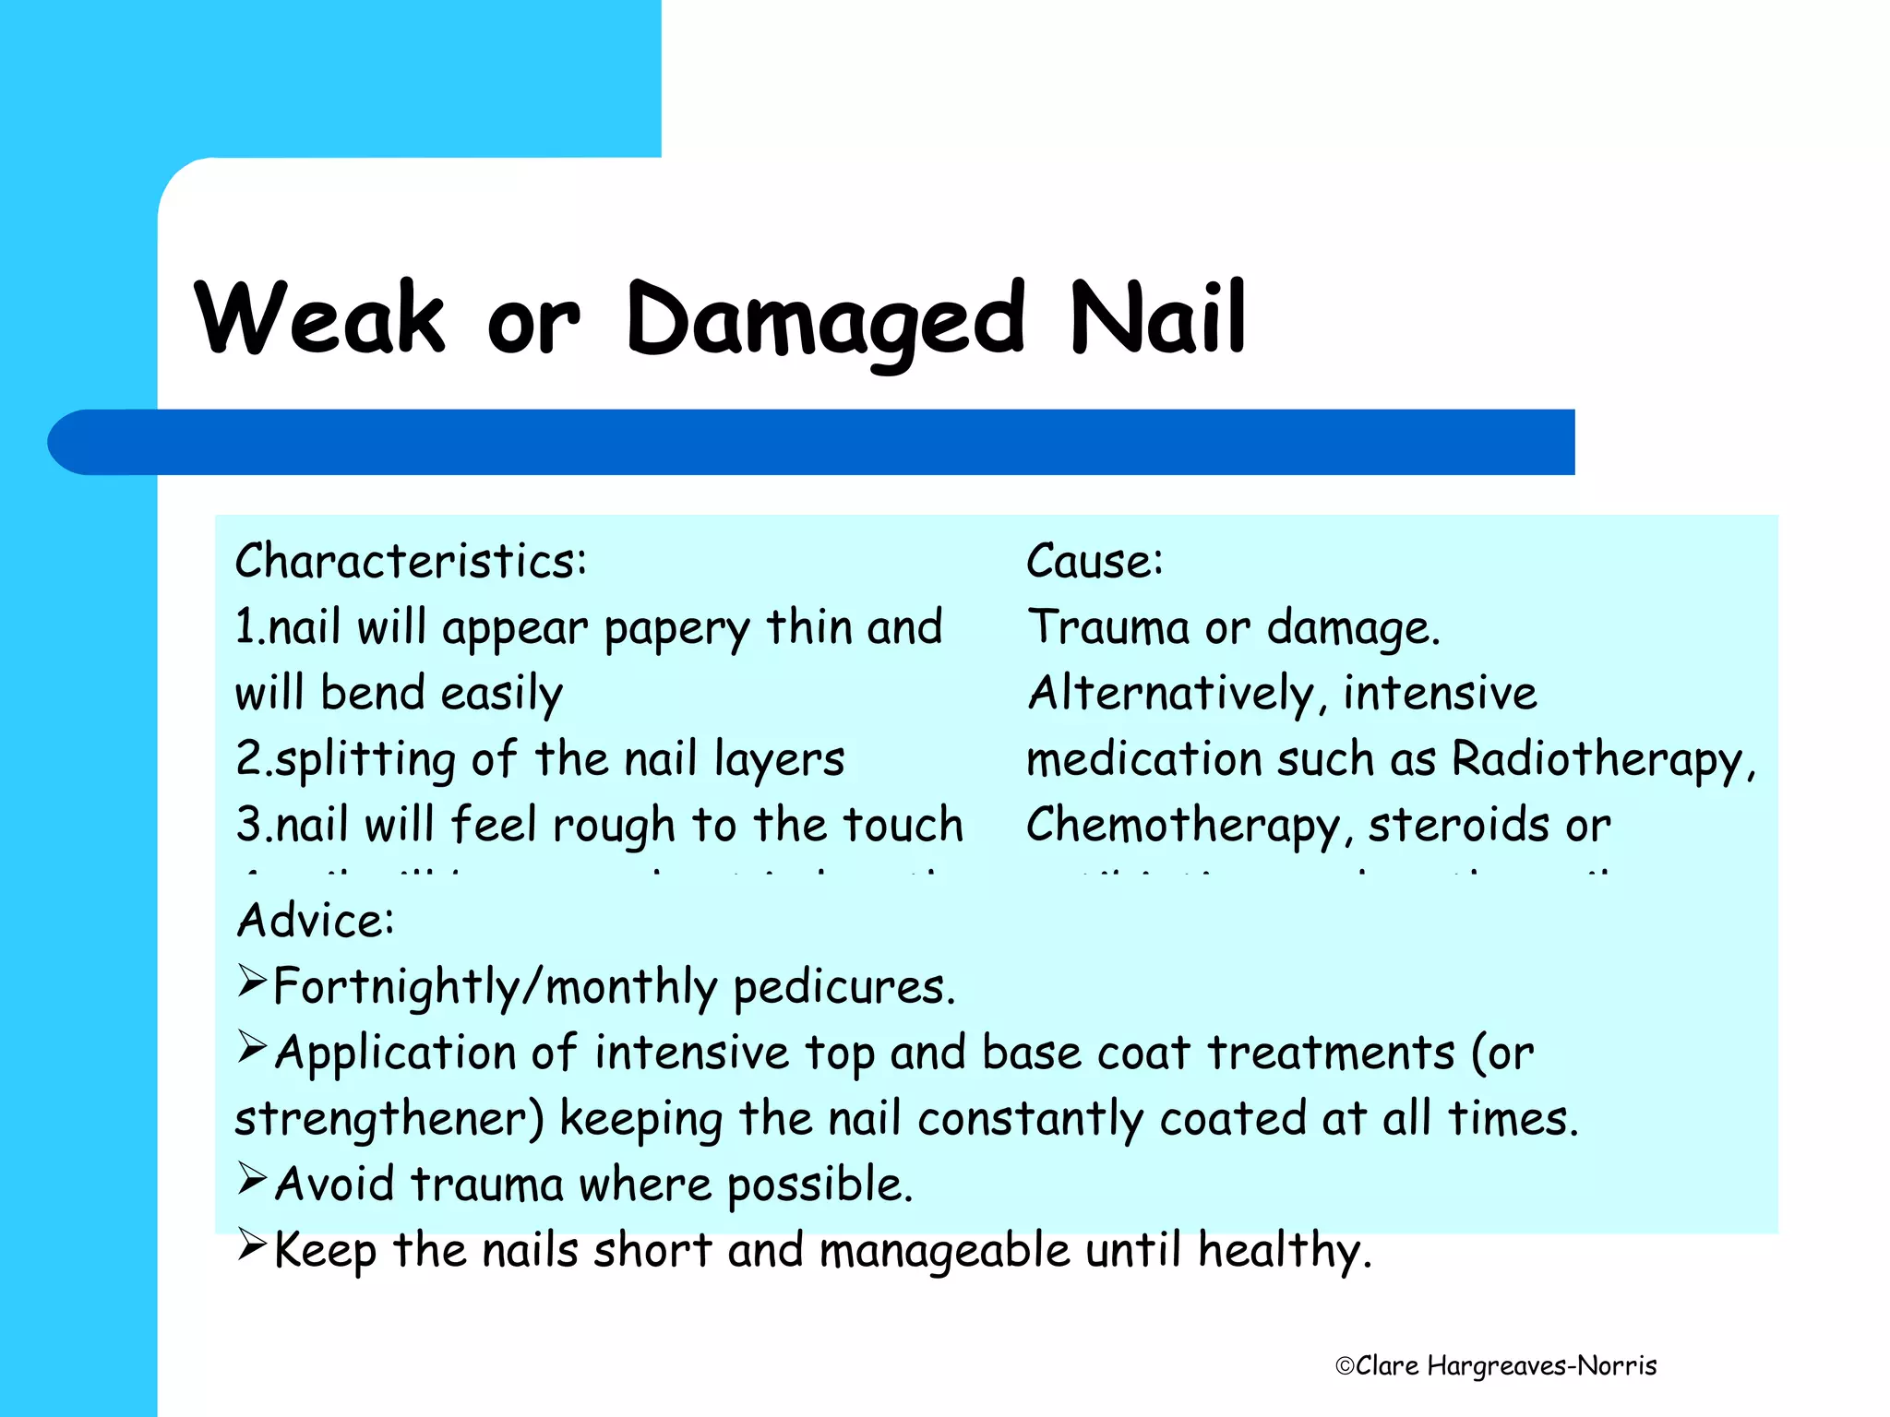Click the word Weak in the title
(319, 318)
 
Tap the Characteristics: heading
(411, 561)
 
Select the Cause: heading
(1095, 561)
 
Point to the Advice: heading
(316, 920)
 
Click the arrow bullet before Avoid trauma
(252, 1178)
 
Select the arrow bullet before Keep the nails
(252, 1244)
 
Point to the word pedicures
(843, 987)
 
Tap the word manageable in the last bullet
(944, 1252)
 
